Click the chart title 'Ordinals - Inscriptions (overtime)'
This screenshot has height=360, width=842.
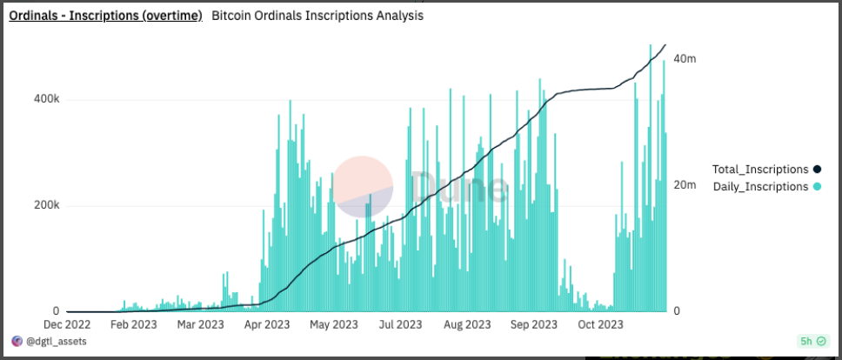tap(105, 16)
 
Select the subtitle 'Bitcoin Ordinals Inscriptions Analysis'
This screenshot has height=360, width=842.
tap(317, 16)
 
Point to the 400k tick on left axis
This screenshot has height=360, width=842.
tap(45, 99)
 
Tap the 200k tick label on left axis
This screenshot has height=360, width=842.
tap(45, 206)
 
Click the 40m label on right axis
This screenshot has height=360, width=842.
tap(685, 58)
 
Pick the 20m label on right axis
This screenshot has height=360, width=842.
tap(685, 185)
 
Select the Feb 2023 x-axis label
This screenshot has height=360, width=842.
tap(134, 325)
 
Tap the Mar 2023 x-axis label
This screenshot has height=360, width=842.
tap(199, 325)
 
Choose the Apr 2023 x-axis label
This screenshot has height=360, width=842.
tap(266, 325)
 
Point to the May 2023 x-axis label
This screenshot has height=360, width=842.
tap(333, 325)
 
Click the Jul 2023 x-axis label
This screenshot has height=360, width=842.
tap(399, 325)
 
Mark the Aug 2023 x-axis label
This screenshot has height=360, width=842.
tap(466, 325)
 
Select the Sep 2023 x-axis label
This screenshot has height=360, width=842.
tap(533, 325)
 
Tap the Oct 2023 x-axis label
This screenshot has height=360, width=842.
tap(599, 325)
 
